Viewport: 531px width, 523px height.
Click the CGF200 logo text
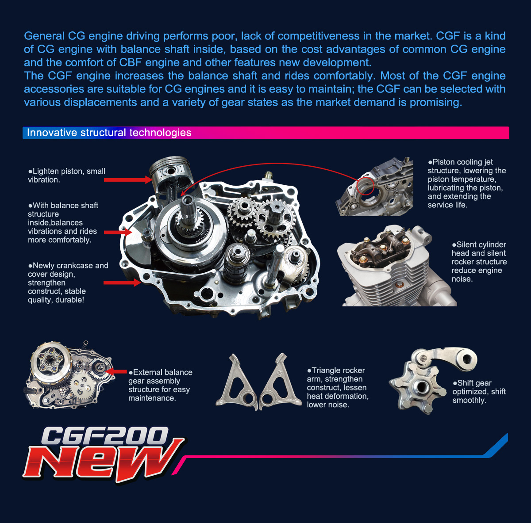tap(105, 435)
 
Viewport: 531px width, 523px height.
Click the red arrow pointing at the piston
tap(128, 180)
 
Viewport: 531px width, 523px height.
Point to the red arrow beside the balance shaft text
tap(118, 233)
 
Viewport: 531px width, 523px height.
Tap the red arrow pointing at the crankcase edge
tap(122, 282)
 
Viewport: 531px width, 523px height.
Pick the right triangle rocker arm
tap(280, 381)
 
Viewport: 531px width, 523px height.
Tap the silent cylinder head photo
tap(397, 266)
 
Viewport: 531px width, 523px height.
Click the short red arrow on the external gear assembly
tap(116, 371)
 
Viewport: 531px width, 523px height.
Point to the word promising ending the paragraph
tap(435, 103)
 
